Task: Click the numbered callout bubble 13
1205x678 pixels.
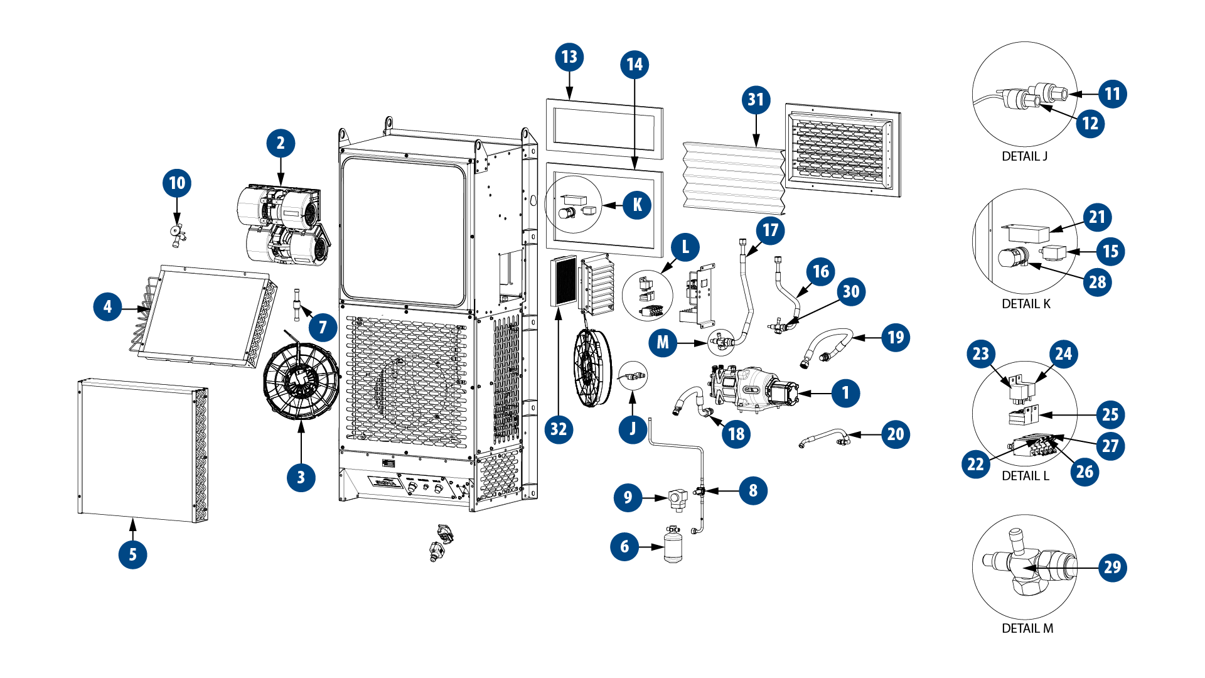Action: [569, 57]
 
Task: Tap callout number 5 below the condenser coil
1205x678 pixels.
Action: [132, 554]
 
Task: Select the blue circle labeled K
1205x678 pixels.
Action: [637, 205]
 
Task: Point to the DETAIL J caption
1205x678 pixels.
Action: [1024, 156]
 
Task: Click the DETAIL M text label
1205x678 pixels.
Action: [1027, 628]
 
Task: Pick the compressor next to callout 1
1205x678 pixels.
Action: [753, 389]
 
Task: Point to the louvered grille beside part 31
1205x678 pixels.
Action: [842, 151]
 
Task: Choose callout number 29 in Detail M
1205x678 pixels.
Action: [1112, 568]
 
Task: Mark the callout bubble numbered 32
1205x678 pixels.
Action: [559, 429]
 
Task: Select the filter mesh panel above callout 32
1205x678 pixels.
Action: [564, 281]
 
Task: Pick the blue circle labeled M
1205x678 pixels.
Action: [663, 343]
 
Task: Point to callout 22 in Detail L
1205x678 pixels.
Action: [975, 465]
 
